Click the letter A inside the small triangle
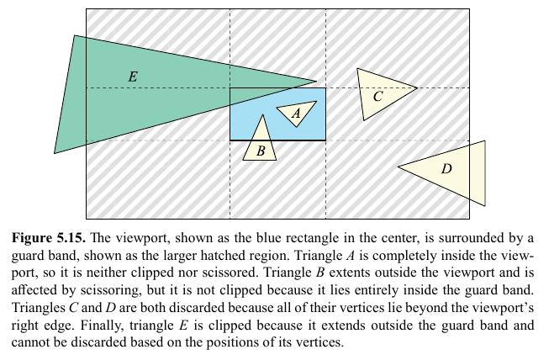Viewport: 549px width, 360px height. click(296, 113)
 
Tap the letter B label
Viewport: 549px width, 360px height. click(261, 151)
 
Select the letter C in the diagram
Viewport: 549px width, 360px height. click(377, 96)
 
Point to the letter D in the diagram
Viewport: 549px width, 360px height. click(446, 169)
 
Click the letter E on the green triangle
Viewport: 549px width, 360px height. click(132, 77)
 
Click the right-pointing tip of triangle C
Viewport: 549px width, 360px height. click(418, 87)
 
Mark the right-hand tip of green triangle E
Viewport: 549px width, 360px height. click(317, 82)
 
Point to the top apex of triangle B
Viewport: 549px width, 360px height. click(261, 114)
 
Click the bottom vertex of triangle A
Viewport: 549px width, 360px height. click(297, 127)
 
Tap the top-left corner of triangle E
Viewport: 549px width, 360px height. click(75, 35)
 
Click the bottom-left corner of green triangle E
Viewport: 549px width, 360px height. click(55, 153)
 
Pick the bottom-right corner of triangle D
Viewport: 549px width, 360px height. click(485, 204)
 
